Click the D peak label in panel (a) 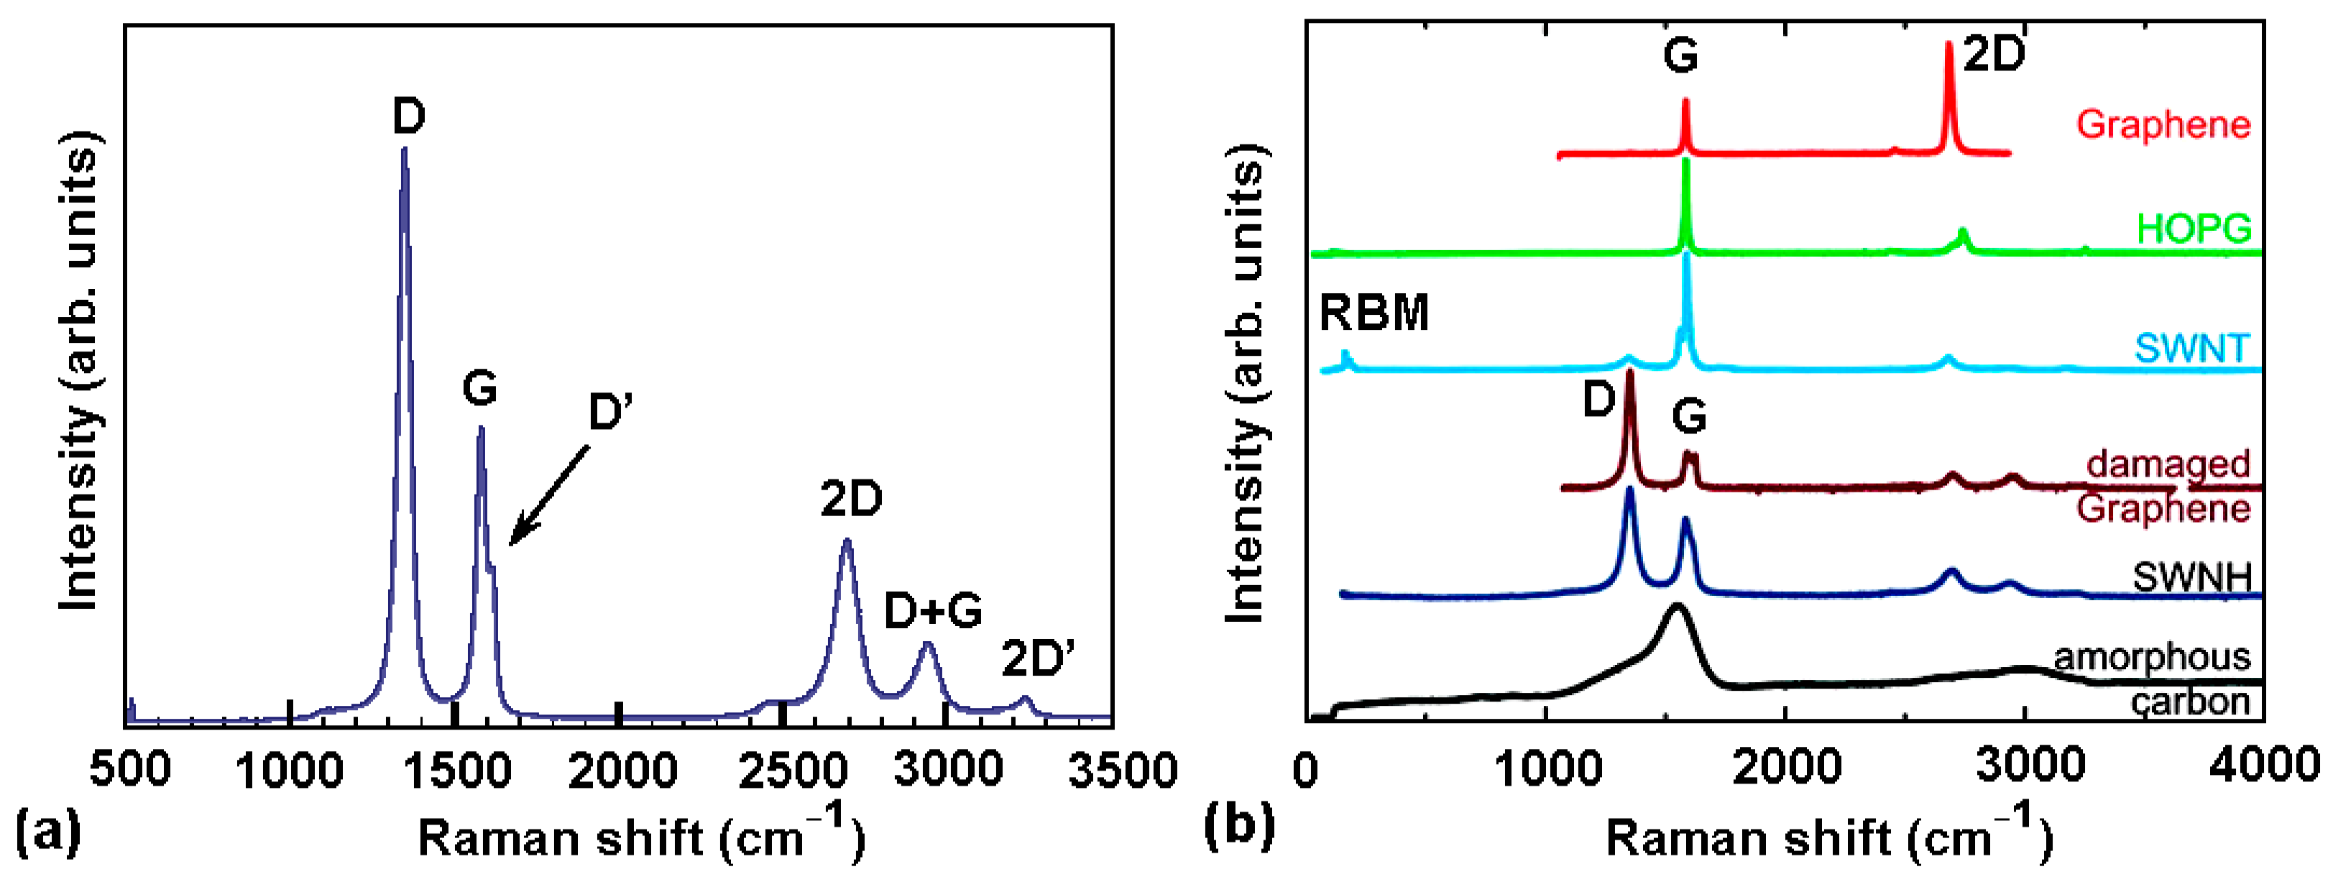point(408,118)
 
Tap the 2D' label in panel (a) point(1038,658)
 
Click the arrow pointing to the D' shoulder point(547,497)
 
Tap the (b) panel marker point(1240,825)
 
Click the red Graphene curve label point(2163,124)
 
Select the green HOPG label point(2194,228)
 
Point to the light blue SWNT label point(2191,349)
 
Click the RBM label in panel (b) point(1373,313)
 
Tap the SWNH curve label point(2191,576)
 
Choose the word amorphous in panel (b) point(2152,656)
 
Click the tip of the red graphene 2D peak point(1949,43)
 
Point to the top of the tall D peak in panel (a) point(404,150)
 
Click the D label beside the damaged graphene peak point(1599,400)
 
